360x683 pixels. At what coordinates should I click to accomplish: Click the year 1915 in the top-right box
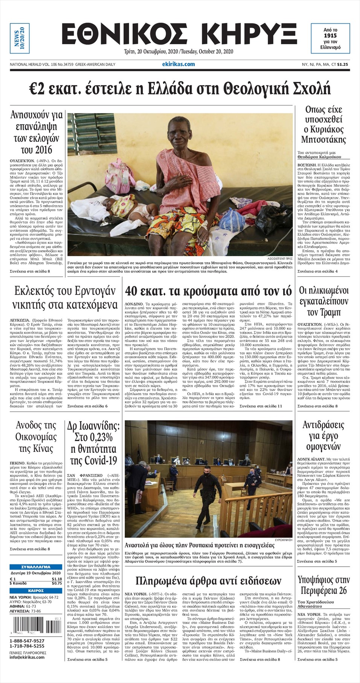coord(330,35)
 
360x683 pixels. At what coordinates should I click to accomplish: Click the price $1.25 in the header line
coord(342,64)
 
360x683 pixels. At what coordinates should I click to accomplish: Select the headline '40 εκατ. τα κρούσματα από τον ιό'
coord(208,291)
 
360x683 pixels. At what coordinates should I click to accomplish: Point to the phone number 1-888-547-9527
coord(27,641)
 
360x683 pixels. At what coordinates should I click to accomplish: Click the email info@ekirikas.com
coord(27,657)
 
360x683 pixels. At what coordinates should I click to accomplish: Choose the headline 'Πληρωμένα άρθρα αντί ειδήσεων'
coord(208,580)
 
